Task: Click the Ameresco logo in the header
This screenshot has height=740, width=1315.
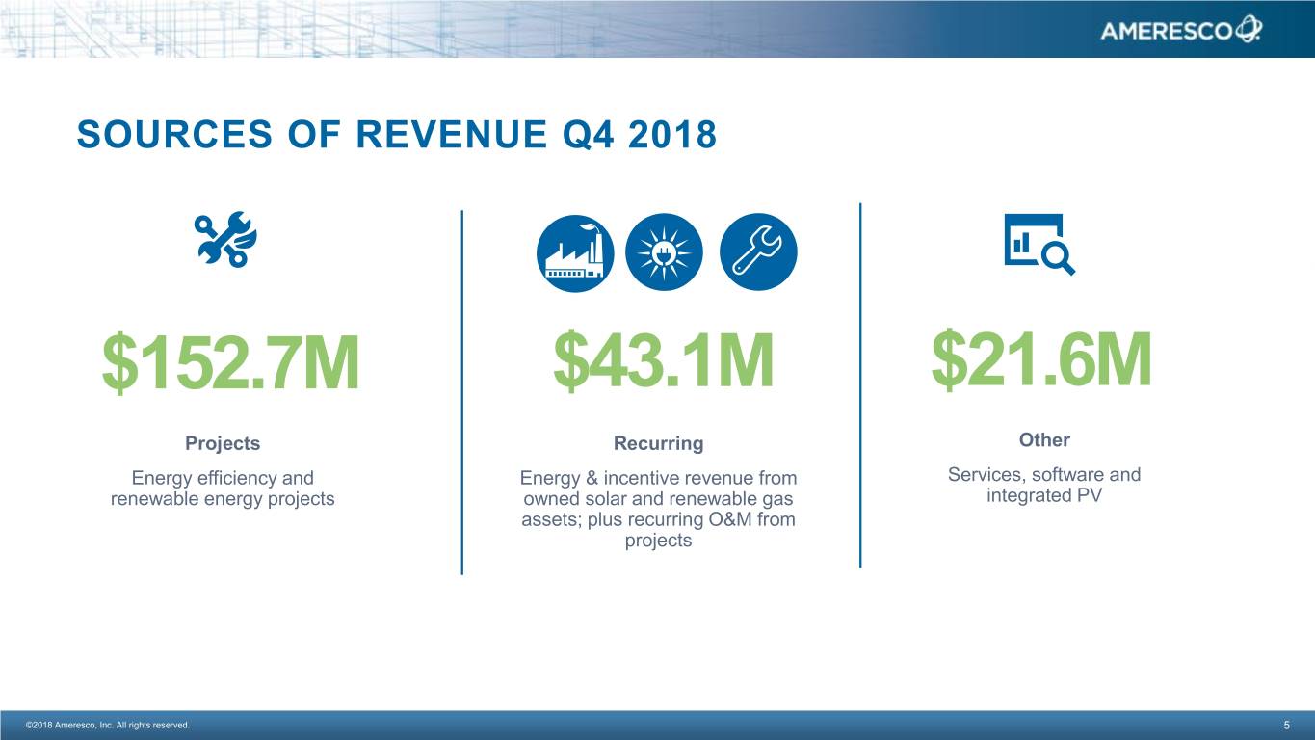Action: (1180, 31)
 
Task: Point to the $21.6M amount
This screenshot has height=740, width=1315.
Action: (1041, 360)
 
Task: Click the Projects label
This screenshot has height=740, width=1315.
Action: (223, 443)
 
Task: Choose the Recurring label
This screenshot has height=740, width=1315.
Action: (658, 443)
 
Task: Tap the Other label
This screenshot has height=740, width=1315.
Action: (1044, 439)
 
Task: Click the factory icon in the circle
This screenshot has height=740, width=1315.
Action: (575, 251)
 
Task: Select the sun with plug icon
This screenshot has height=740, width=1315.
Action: (665, 251)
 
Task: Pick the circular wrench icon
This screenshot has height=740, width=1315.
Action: (758, 251)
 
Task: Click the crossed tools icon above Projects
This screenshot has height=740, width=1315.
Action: (224, 240)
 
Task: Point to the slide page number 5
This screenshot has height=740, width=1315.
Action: (1286, 726)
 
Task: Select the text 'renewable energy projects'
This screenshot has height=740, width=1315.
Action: (223, 499)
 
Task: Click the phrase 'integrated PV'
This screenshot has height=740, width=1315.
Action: (1044, 495)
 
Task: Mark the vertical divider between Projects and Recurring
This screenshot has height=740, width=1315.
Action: (462, 392)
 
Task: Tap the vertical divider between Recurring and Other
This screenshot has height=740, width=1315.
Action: (860, 385)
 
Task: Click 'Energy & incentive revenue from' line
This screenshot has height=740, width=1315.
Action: (658, 478)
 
